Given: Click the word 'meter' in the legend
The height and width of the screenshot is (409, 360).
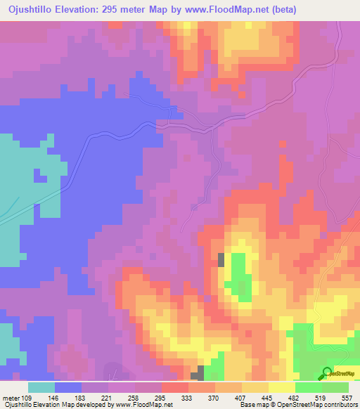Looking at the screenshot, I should click(x=11, y=397).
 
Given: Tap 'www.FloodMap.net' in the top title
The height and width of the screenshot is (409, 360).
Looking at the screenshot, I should click(x=221, y=9).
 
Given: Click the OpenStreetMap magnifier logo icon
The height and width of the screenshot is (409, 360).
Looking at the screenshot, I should click(x=327, y=372).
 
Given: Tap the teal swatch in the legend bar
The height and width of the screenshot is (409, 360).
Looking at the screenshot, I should click(x=41, y=387).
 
